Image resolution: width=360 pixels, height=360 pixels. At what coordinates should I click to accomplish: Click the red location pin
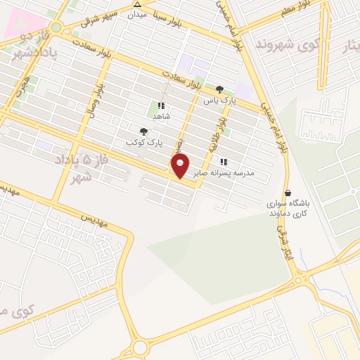(180, 165)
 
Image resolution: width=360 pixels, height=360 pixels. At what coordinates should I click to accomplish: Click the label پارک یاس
(218, 101)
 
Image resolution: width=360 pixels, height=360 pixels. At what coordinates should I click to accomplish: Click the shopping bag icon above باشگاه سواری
(288, 193)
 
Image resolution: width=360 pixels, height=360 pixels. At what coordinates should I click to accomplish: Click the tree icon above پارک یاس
(220, 89)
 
